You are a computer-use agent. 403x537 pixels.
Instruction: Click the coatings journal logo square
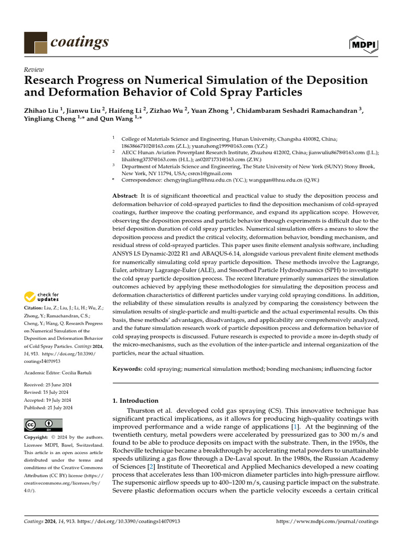tap(36, 42)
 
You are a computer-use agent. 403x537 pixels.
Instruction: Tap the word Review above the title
tap(34, 70)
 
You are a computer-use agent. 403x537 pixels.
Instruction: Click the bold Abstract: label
tap(125, 195)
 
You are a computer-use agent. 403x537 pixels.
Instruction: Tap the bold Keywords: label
tap(128, 369)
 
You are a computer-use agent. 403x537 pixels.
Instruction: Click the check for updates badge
tap(42, 297)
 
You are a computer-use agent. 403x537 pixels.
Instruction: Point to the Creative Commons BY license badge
tap(43, 425)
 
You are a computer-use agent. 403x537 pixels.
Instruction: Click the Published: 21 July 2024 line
tap(48, 407)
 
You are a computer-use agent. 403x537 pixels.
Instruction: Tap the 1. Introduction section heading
tap(135, 401)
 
